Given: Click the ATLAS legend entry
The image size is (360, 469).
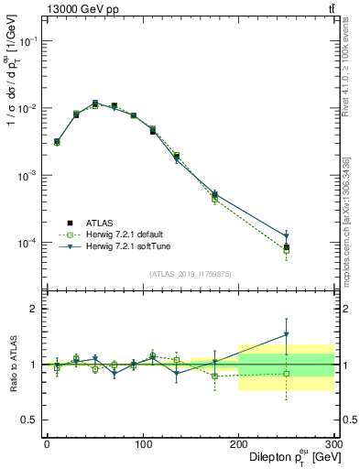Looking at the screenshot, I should (x=100, y=223).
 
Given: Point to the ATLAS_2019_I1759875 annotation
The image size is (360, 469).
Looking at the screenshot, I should (x=190, y=272).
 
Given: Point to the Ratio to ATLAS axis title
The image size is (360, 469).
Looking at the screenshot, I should (x=12, y=364).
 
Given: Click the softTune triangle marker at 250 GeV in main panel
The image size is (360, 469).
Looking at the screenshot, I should (x=286, y=236).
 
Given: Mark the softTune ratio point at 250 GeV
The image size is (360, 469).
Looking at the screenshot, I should (x=286, y=334).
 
